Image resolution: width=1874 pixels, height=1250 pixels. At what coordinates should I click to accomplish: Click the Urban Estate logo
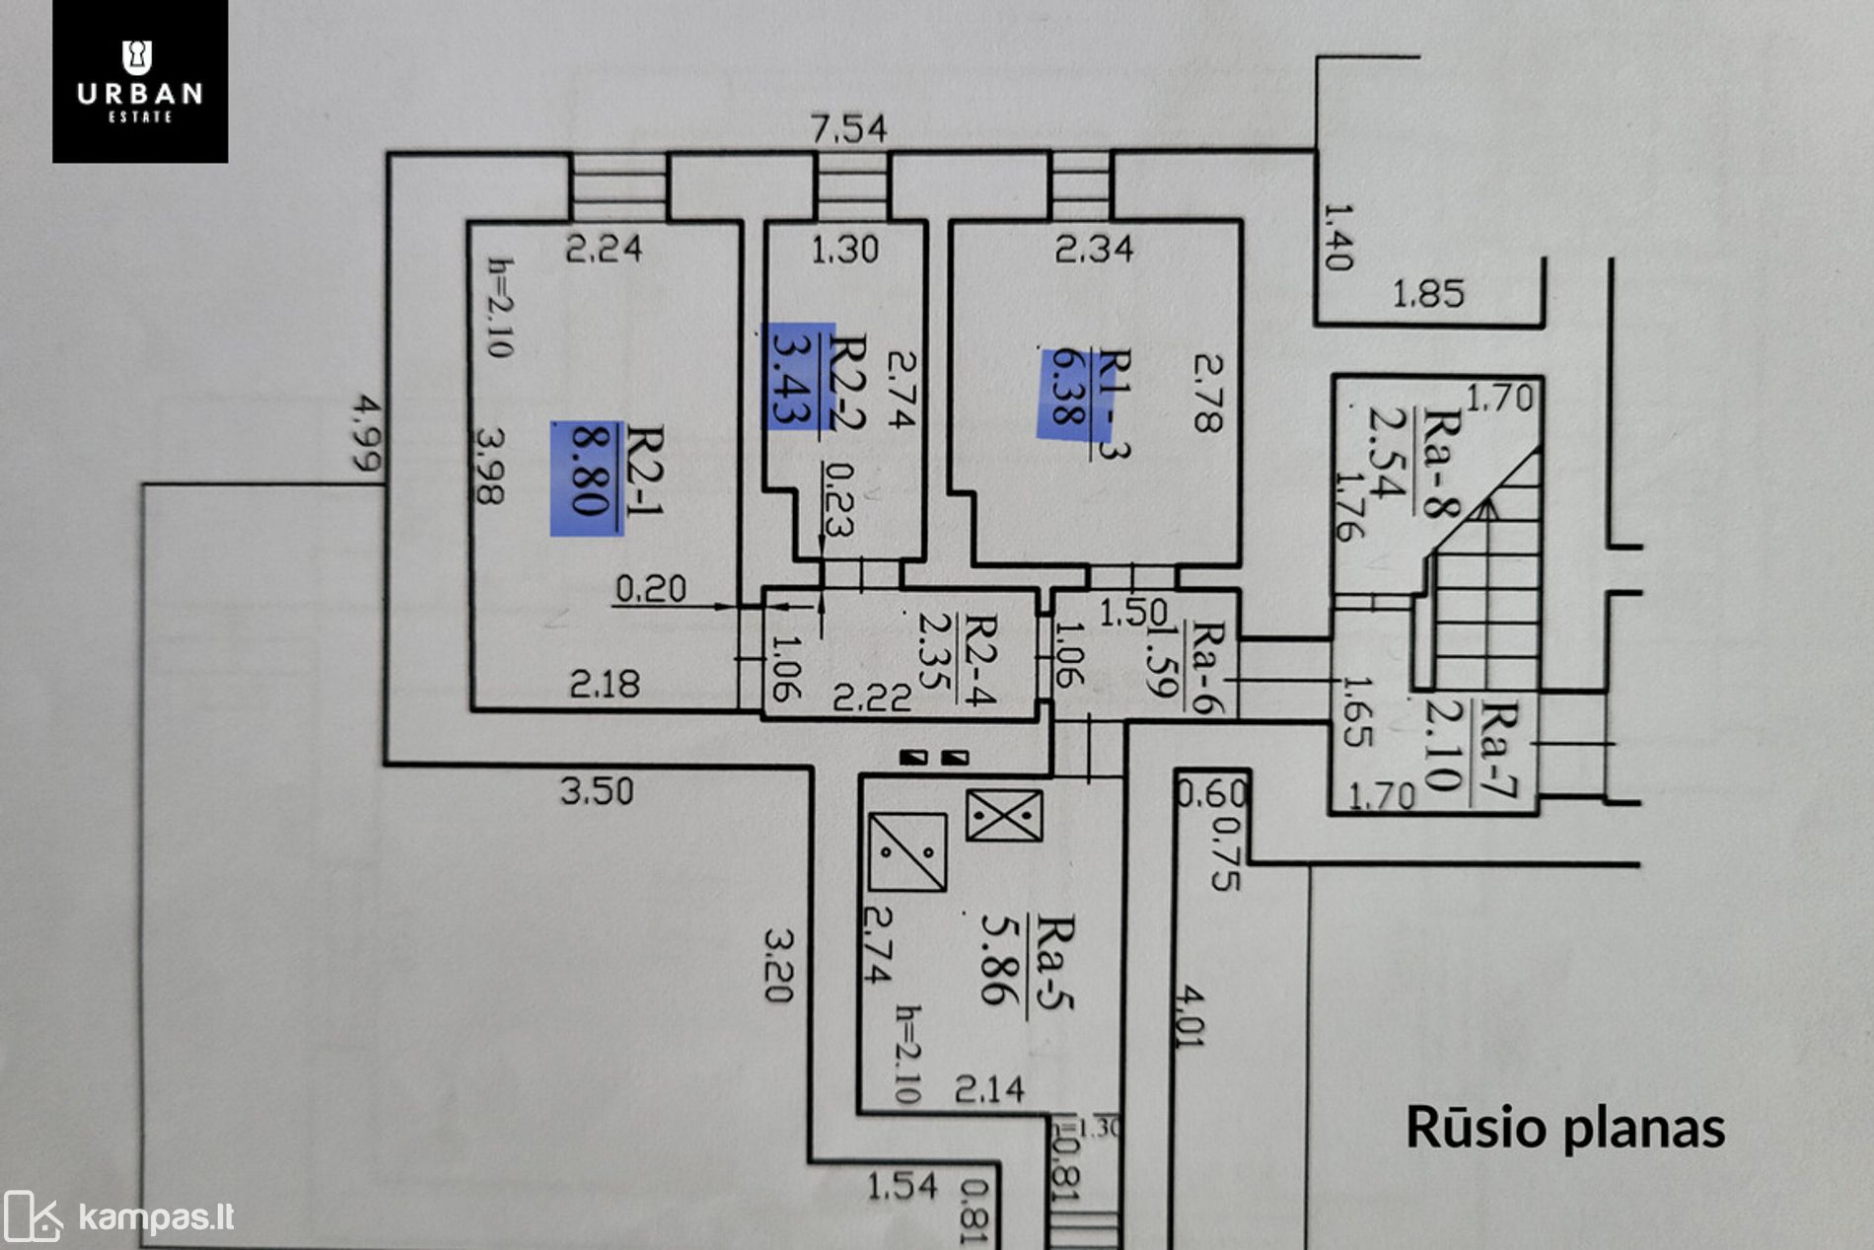coord(140,81)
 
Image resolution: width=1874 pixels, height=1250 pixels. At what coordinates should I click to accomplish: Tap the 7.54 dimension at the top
coord(848,129)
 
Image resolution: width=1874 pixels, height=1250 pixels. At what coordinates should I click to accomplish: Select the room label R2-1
coord(646,471)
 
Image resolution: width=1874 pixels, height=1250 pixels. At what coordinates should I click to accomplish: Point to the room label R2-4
coord(978,658)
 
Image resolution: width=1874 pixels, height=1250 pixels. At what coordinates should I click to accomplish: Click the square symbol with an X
coord(1004,816)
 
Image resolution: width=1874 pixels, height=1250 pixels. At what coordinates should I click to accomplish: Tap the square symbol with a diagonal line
coord(907,851)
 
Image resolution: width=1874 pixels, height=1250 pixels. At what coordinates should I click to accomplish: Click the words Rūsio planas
coord(1565,1128)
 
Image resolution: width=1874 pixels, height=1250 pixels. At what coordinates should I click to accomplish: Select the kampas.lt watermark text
coord(156,1217)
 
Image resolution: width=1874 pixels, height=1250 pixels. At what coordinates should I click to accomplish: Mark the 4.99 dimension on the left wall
coord(368,433)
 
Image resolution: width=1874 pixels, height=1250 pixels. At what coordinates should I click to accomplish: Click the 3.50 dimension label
coord(597,791)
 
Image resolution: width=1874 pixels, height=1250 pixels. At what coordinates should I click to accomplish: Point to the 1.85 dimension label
coord(1427,294)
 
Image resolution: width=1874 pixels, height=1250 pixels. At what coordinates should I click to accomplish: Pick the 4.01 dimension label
coord(1189,1016)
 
